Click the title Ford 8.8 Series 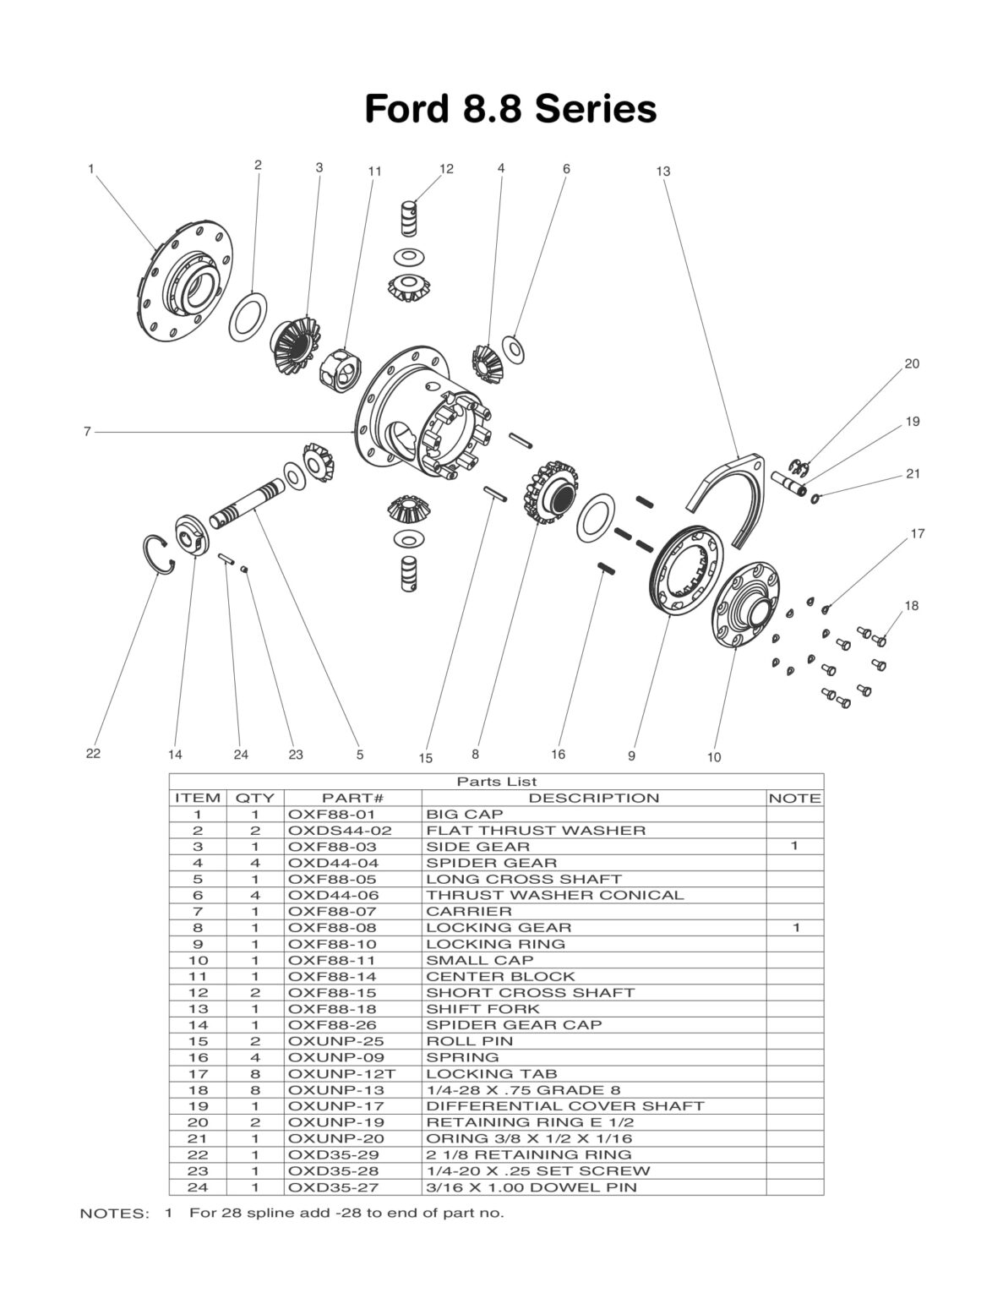coord(510,109)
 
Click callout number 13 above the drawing coord(662,172)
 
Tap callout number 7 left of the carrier coord(86,432)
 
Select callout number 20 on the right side coord(912,364)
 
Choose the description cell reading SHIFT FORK coord(482,1009)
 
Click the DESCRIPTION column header coord(593,798)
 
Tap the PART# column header coord(352,798)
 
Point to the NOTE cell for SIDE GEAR coord(794,846)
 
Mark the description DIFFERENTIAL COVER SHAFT coord(564,1106)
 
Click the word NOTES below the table coord(113,1213)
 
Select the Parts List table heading coord(496,782)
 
